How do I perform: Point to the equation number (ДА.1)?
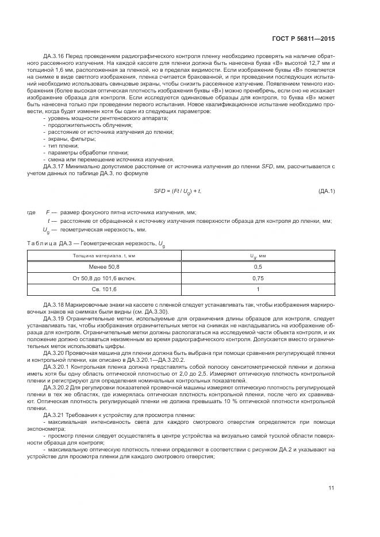pos(326,191)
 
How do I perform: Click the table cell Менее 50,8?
pos(104,266)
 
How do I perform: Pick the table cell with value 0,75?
pos(258,278)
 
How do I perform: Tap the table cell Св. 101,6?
pos(104,289)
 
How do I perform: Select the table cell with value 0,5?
pos(258,266)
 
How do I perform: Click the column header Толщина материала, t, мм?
pos(104,256)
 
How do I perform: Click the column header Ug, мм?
pos(258,256)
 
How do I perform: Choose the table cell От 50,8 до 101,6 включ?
pos(104,278)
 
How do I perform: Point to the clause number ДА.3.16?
pos(53,56)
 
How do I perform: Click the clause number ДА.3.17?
pos(53,165)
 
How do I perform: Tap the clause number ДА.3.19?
pos(53,317)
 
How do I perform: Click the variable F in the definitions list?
pos(48,213)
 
